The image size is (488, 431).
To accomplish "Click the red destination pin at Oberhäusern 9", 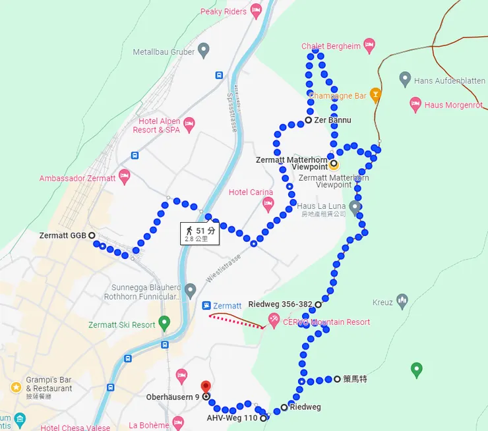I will pos(205,386).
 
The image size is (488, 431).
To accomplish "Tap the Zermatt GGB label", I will pos(63,235).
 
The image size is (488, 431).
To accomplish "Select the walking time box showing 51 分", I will pos(200,233).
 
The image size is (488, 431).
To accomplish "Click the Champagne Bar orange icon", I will pos(375,95).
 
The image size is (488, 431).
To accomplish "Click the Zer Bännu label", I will pos(332,121).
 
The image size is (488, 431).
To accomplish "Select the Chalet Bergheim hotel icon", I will pos(369,45).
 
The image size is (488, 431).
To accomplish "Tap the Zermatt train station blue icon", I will pos(206,306).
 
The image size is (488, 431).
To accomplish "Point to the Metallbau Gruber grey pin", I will pos(204,50).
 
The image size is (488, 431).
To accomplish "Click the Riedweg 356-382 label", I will pos(280,304).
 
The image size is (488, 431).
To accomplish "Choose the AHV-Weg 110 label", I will pos(232,418).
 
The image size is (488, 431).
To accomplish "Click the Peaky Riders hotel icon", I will pos(256,11).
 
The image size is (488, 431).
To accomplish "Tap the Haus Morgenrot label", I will pos(454,105).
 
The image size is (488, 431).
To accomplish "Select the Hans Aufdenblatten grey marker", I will pos(405,80).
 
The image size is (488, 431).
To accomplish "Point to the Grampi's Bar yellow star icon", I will pos(16,387).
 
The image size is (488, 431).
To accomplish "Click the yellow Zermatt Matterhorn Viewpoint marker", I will pos(334,164).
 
